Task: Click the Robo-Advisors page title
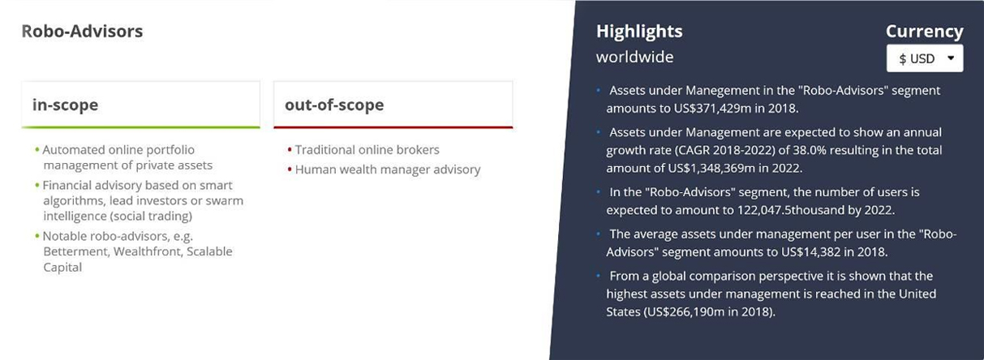[82, 31]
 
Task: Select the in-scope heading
[65, 105]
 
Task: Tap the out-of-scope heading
[334, 105]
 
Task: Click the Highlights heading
[639, 32]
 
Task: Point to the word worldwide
[634, 57]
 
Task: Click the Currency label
[924, 32]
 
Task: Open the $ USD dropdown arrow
[951, 58]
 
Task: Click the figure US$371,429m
[712, 109]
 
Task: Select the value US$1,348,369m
[711, 168]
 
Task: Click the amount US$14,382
[810, 252]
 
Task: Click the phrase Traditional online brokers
[367, 150]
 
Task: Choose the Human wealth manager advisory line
[388, 169]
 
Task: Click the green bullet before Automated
[37, 150]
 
